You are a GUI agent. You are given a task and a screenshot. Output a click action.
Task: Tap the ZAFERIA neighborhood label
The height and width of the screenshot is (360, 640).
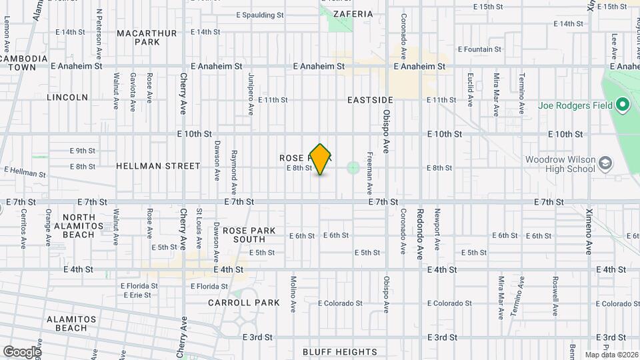[x=353, y=13]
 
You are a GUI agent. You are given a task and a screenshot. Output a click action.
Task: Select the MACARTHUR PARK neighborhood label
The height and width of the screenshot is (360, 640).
[x=147, y=37]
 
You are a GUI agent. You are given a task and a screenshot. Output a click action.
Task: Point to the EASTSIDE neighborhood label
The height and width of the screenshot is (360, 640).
[x=371, y=100]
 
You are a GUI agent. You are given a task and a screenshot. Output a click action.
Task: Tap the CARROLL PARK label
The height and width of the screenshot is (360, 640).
[x=244, y=303]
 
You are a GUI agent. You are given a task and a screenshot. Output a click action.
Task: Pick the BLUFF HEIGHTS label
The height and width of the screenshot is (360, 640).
[x=339, y=352]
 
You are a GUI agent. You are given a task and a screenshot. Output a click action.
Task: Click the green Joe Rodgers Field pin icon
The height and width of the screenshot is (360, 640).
[x=623, y=105]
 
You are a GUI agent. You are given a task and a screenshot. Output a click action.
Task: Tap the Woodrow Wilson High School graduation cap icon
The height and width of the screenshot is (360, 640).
[x=605, y=163]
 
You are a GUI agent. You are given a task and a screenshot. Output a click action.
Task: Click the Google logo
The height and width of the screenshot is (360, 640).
[x=21, y=352]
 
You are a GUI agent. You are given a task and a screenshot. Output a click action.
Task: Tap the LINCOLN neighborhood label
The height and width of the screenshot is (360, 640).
[x=67, y=97]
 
